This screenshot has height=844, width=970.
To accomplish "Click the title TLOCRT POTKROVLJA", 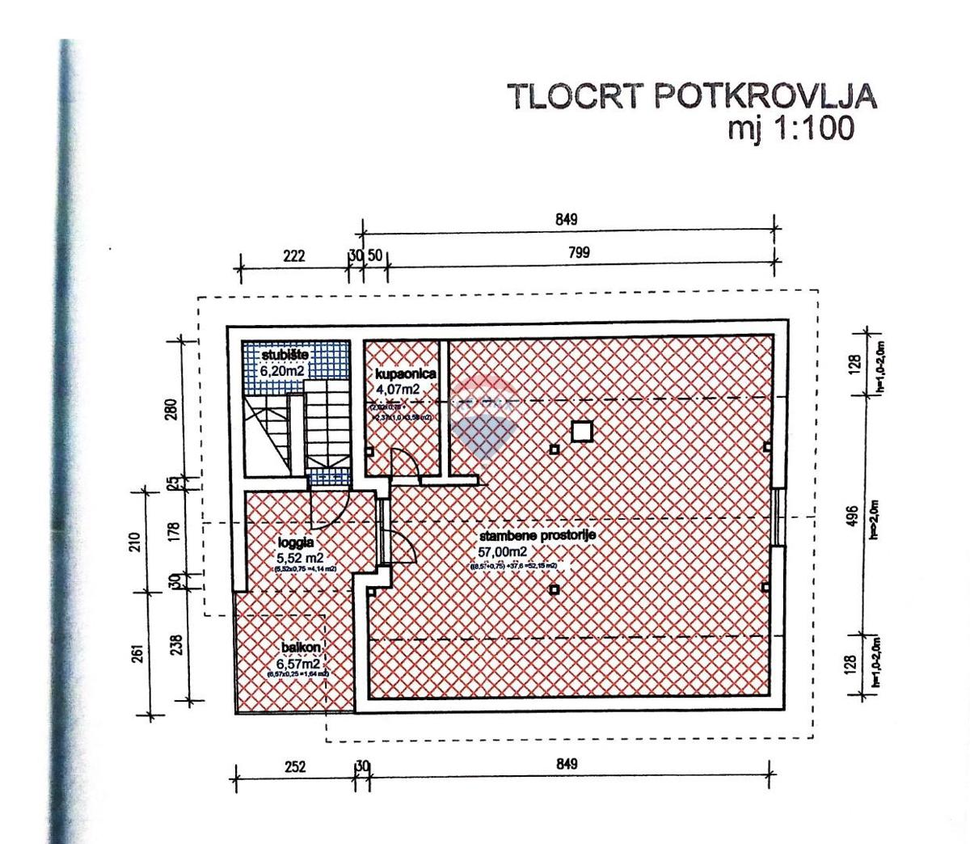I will tap(692, 96).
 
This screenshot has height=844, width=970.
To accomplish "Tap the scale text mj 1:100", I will tap(791, 129).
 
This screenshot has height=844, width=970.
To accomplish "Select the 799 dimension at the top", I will tap(579, 253).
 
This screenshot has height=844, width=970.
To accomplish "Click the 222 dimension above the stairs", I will tap(293, 256).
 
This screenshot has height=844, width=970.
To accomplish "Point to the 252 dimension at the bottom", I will tap(296, 766).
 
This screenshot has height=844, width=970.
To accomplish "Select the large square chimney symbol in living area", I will tap(581, 432).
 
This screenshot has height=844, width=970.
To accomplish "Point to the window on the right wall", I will tap(777, 517).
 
